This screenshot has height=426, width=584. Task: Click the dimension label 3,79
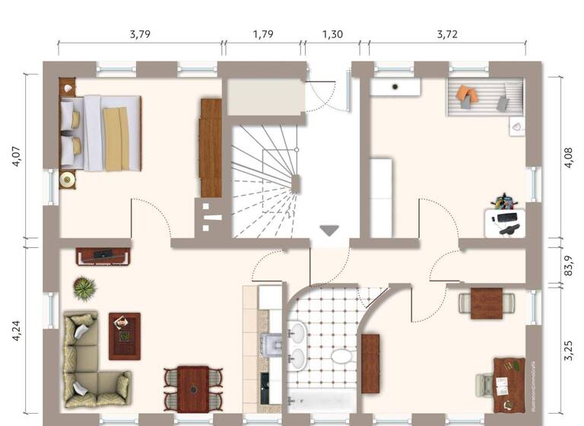pyautogui.click(x=140, y=33)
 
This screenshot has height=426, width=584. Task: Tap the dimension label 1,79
pyautogui.click(x=262, y=33)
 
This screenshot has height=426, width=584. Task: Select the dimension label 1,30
pyautogui.click(x=332, y=33)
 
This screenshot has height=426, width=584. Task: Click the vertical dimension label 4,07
pyautogui.click(x=17, y=155)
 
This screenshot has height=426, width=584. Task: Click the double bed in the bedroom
pyautogui.click(x=101, y=132)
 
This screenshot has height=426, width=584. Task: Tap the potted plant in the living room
pyautogui.click(x=84, y=288)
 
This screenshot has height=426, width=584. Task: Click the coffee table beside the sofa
pyautogui.click(x=124, y=335)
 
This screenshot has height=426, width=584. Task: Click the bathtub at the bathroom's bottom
pyautogui.click(x=320, y=400)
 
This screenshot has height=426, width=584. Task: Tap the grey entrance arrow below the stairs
pyautogui.click(x=330, y=230)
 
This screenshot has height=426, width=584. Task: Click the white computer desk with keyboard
pyautogui.click(x=505, y=222)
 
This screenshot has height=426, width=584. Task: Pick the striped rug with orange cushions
pyautogui.click(x=486, y=97)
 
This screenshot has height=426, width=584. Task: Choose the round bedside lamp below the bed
pyautogui.click(x=68, y=180)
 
